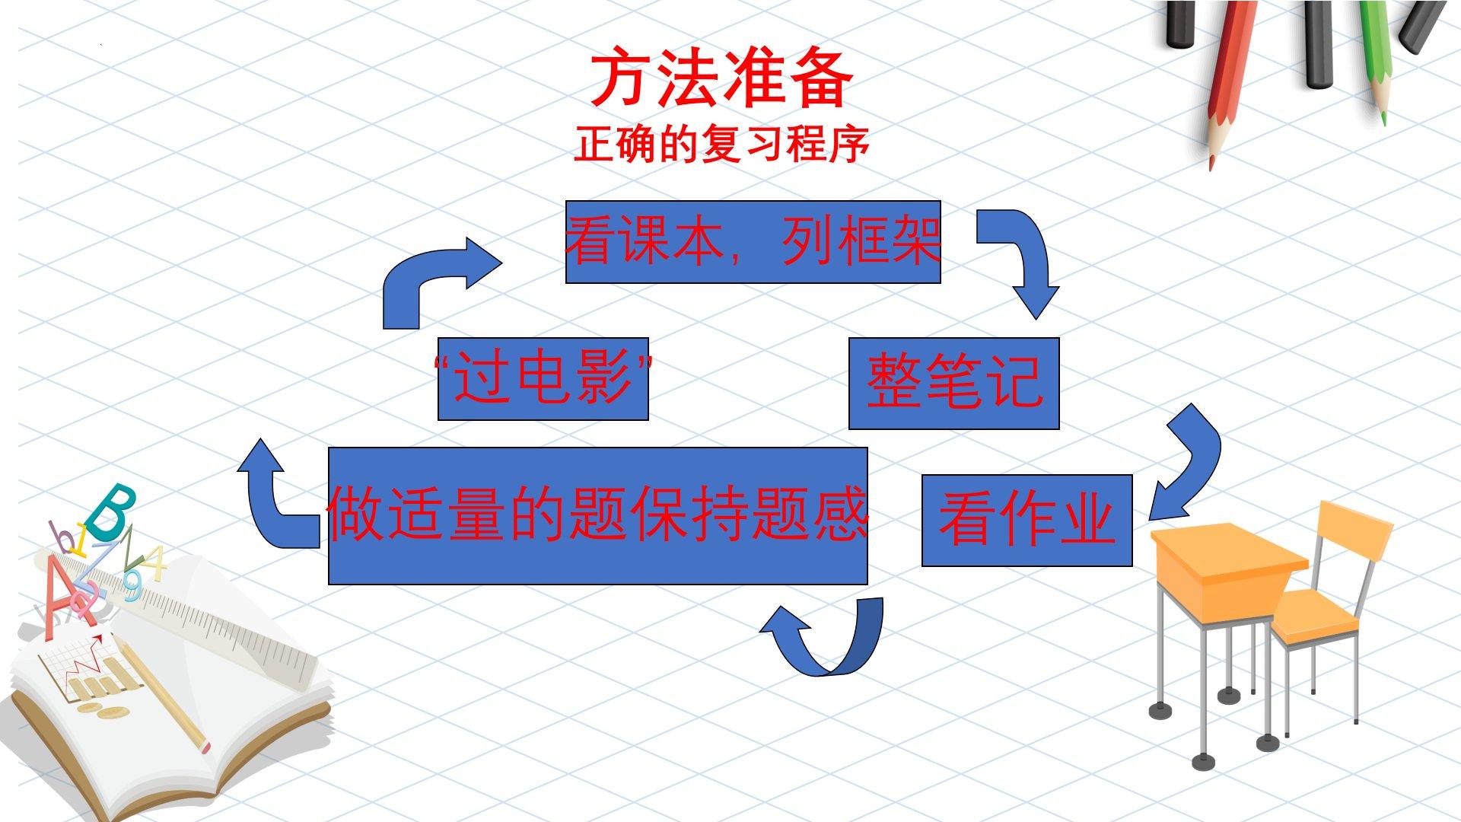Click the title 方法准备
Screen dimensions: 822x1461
pos(721,80)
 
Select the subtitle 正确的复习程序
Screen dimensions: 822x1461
pos(721,144)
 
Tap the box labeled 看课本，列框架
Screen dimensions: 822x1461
pos(753,242)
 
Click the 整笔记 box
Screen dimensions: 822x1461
pos(953,383)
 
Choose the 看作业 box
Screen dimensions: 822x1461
pos(1027,521)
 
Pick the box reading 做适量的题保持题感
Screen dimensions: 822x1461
pos(597,516)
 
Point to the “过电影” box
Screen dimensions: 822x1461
pos(543,378)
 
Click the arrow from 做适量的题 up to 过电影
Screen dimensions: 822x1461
pos(274,502)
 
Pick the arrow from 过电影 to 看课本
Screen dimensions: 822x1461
pos(434,278)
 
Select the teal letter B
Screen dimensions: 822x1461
pos(110,510)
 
